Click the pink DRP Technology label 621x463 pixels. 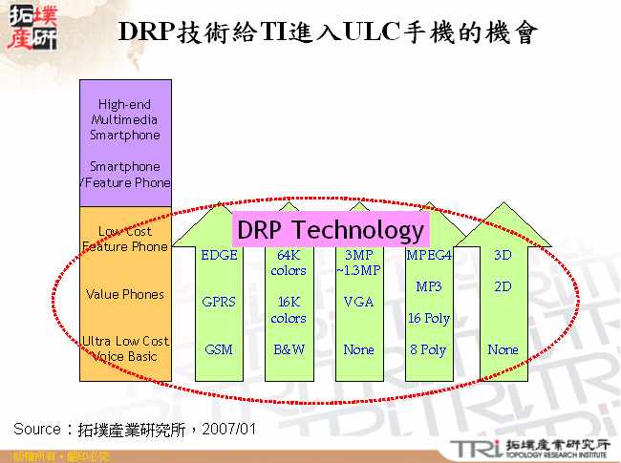pos(330,230)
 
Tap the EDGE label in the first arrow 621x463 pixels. pos(220,255)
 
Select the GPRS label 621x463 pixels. pos(219,302)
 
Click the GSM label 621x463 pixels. pos(219,349)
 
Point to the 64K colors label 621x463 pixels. pos(289,263)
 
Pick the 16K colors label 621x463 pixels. pos(289,309)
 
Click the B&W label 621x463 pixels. pos(289,349)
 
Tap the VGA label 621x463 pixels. pos(359,302)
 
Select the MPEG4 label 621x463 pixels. pos(429,255)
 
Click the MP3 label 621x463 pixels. pos(429,286)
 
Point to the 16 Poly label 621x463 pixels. pos(429,318)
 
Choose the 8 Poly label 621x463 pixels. pos(429,349)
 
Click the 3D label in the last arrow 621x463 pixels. pos(503,255)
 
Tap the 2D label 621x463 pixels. pos(503,286)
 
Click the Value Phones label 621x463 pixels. pos(125,294)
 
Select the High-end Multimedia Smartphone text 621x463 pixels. pos(125,119)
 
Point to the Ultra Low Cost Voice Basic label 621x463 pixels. pos(125,348)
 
